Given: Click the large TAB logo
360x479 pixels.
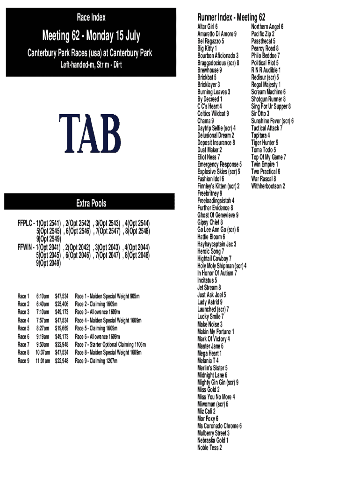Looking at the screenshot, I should (x=89, y=134).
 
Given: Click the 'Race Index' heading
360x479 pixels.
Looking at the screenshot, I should (x=91, y=18).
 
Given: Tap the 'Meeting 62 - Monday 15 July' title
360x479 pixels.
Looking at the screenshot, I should (x=91, y=36).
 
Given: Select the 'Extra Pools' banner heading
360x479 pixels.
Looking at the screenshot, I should (x=91, y=203).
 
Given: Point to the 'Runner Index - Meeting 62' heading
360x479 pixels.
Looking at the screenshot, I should (x=231, y=18).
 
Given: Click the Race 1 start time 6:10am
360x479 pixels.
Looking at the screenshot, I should (x=43, y=297).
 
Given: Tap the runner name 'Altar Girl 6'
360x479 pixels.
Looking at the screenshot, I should (x=207, y=27).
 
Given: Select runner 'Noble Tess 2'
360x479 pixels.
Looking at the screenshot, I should (x=209, y=448).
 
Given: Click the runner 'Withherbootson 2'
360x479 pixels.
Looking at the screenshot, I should (x=268, y=186).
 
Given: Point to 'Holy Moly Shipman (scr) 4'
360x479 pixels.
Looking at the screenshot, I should (x=222, y=266).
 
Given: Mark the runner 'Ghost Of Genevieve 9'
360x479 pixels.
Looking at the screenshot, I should (x=217, y=215).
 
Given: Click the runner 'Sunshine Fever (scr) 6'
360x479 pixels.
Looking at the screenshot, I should (x=272, y=121).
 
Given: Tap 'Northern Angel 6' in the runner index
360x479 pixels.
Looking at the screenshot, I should (x=267, y=27).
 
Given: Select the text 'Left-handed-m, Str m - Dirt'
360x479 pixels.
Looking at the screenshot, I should (x=91, y=65).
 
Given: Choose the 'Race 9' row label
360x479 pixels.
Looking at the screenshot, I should (x=23, y=361).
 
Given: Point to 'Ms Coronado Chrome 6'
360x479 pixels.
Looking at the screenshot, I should (x=219, y=426).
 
